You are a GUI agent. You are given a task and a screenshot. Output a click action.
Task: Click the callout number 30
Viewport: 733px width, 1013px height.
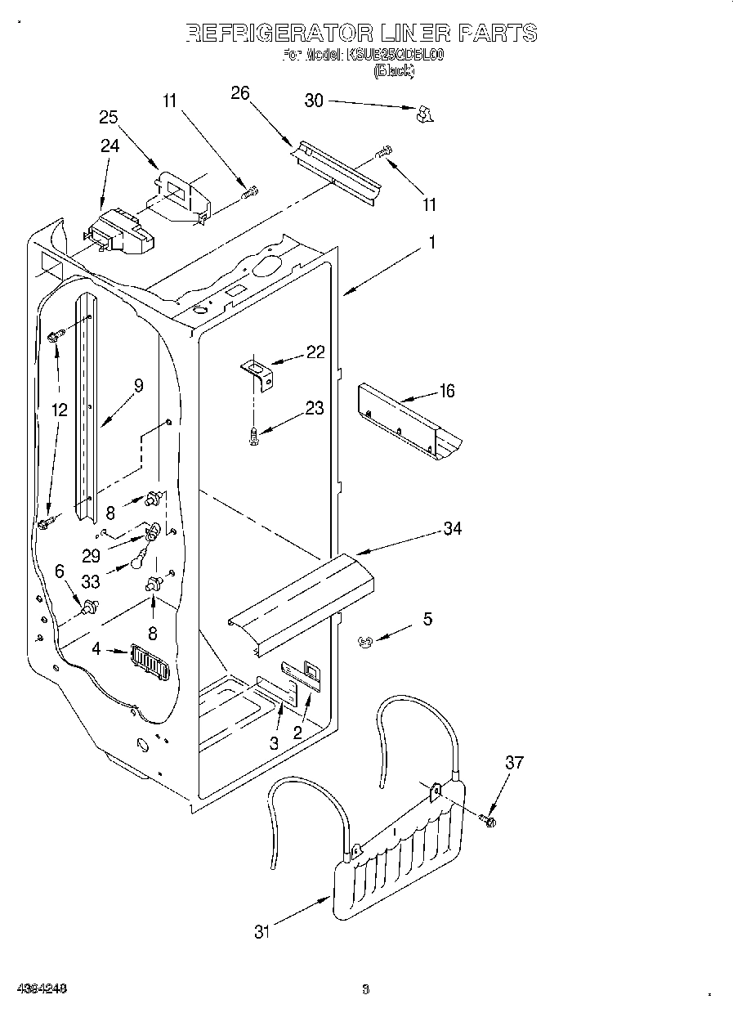click(314, 101)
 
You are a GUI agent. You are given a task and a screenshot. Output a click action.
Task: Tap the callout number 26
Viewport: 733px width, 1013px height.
click(240, 92)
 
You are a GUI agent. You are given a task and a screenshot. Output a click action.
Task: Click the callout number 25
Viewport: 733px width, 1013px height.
click(109, 117)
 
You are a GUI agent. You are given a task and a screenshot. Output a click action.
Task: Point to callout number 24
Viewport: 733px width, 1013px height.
click(110, 146)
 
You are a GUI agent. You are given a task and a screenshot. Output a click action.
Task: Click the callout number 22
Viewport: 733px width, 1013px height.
click(315, 352)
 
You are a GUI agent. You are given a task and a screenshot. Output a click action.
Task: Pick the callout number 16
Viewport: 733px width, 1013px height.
click(446, 391)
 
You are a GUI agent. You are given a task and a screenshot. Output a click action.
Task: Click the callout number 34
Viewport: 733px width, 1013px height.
click(452, 528)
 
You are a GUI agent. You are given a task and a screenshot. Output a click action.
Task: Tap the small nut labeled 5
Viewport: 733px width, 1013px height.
click(365, 643)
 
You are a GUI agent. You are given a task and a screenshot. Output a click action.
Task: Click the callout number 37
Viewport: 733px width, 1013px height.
click(513, 763)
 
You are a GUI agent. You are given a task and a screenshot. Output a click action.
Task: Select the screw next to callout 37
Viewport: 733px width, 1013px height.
click(489, 818)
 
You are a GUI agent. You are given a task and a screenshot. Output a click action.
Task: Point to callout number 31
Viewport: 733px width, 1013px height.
click(261, 931)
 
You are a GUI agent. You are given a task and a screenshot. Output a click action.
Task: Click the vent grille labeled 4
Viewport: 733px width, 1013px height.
click(150, 661)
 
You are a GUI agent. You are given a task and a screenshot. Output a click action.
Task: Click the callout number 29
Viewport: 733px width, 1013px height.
click(92, 555)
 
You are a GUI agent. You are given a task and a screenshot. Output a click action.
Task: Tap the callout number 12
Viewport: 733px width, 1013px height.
click(59, 410)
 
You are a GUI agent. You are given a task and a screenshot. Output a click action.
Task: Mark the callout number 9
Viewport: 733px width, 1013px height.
click(138, 385)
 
